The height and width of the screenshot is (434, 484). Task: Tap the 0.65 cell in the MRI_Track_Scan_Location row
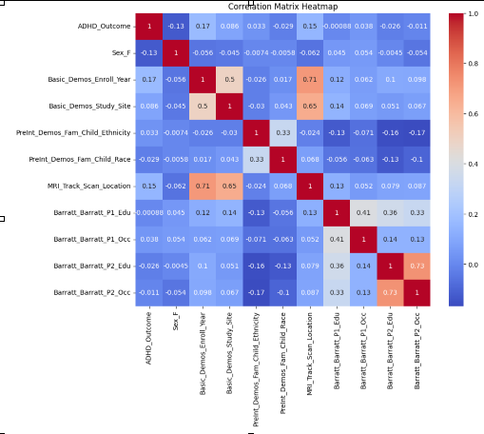coord(228,185)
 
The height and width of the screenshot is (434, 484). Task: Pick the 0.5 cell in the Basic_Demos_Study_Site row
coord(202,105)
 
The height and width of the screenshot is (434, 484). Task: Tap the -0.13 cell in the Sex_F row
coord(148,52)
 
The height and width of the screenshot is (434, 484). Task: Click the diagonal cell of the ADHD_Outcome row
coord(148,26)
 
